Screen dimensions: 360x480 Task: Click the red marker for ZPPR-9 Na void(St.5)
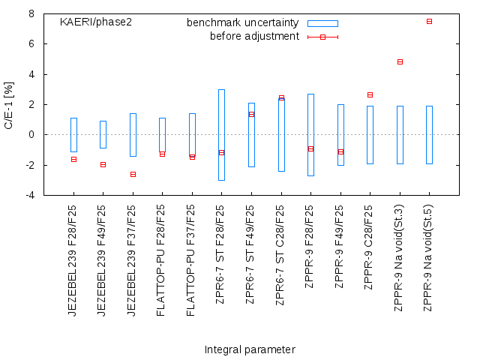point(429,21)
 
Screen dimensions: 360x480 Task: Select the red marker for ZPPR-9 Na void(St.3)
point(400,61)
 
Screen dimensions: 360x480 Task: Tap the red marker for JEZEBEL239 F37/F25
point(133,174)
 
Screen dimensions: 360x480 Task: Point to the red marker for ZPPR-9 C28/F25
point(370,94)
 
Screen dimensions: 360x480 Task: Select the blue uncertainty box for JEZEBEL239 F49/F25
point(103,134)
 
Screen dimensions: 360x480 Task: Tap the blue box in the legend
point(322,23)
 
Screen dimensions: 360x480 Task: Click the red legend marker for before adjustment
point(322,37)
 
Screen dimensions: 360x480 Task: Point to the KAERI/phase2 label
point(96,22)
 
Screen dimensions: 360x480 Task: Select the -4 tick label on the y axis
point(29,195)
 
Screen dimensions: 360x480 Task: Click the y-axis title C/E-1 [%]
point(9,104)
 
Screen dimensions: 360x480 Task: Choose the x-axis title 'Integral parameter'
point(250,349)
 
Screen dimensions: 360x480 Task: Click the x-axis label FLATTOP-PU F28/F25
point(162,259)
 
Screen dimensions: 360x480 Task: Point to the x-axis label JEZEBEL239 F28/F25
point(73,259)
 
